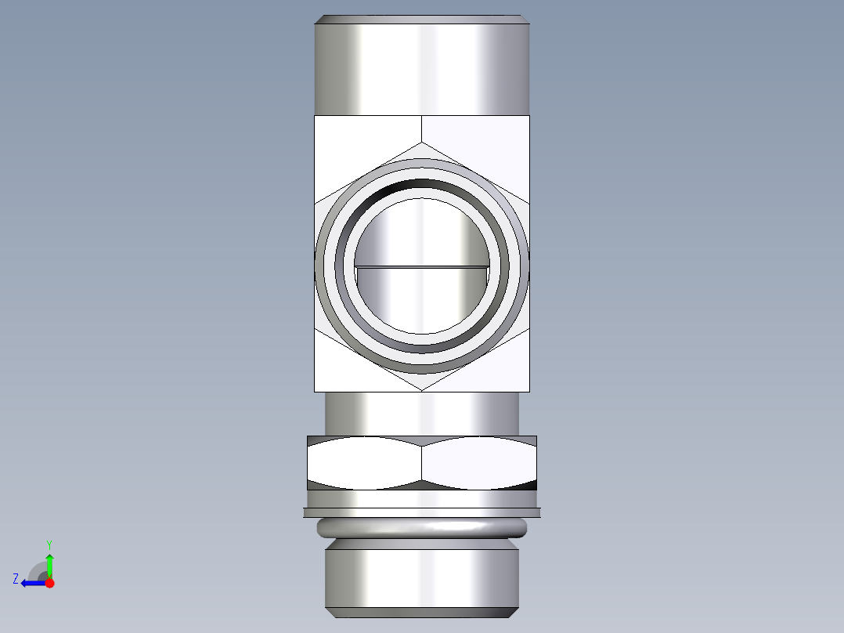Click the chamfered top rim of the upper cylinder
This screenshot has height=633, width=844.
(423, 19)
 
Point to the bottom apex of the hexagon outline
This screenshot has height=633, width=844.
(422, 390)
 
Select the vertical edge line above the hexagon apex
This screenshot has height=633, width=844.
(422, 128)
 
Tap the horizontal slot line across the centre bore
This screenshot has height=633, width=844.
(422, 266)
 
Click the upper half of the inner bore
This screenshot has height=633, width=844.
(422, 231)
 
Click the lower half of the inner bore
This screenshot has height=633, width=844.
(422, 302)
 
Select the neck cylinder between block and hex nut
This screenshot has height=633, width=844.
(422, 413)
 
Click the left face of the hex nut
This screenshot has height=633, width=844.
(364, 463)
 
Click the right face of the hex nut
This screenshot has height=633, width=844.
(479, 463)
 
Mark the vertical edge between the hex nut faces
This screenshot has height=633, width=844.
(422, 463)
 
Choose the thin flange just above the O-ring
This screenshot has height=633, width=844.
(422, 512)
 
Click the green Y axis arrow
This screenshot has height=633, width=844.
(49, 562)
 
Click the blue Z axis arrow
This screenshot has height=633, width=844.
(31, 583)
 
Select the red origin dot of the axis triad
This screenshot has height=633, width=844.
(49, 583)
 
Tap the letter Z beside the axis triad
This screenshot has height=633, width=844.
(16, 578)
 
